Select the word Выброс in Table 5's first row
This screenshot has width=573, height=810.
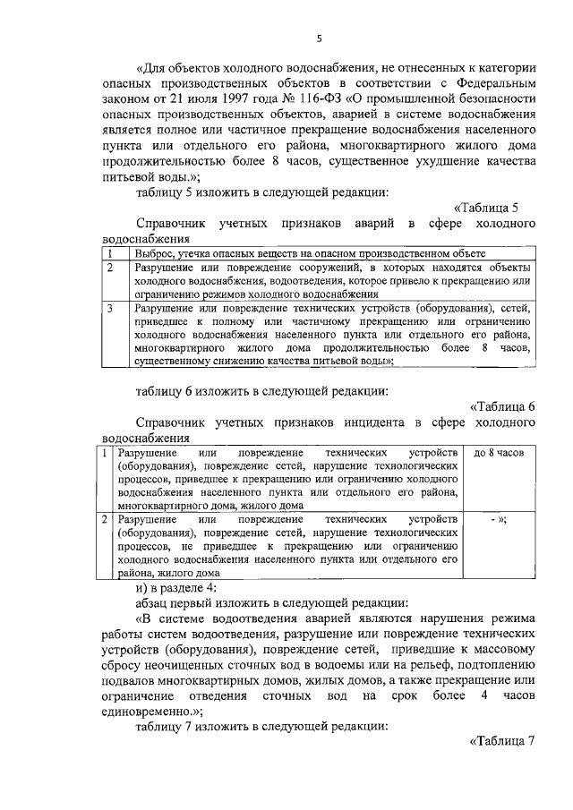[153, 254]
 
